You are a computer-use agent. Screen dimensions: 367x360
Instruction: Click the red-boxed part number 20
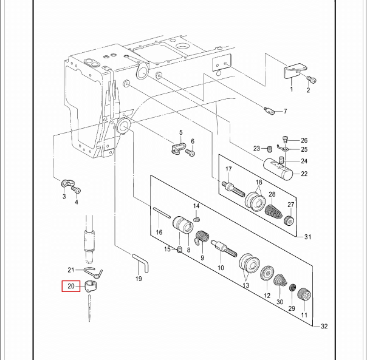click(71, 286)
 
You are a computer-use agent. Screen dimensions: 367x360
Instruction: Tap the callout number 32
click(324, 326)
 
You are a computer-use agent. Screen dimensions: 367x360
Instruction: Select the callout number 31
click(308, 237)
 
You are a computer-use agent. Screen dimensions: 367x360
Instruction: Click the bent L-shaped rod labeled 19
click(141, 262)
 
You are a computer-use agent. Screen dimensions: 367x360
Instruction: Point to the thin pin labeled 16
click(162, 212)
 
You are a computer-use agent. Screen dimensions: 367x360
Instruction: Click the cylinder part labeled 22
click(278, 169)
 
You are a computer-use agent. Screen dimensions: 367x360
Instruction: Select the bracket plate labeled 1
click(295, 71)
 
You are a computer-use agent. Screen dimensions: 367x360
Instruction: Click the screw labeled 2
click(312, 80)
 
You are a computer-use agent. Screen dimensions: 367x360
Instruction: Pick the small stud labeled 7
click(269, 110)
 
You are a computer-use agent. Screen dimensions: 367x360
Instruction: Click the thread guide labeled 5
click(177, 148)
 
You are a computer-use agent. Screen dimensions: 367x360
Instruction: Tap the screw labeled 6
click(190, 152)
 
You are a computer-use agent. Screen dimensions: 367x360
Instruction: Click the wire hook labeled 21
click(93, 273)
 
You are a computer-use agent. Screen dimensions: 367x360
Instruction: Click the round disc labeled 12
click(267, 274)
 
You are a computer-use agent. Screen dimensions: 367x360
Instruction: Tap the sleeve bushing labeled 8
click(183, 225)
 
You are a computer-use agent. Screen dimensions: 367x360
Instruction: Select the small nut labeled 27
click(289, 220)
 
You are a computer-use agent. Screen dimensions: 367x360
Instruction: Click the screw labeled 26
click(285, 139)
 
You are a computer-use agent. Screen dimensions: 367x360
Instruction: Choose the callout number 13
click(245, 285)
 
